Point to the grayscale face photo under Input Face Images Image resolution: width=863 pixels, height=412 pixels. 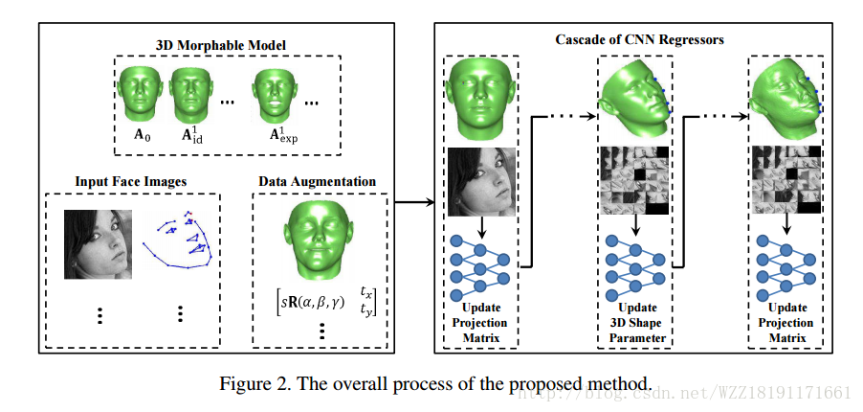click(97, 244)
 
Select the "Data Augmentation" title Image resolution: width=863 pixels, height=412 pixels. click(317, 180)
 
